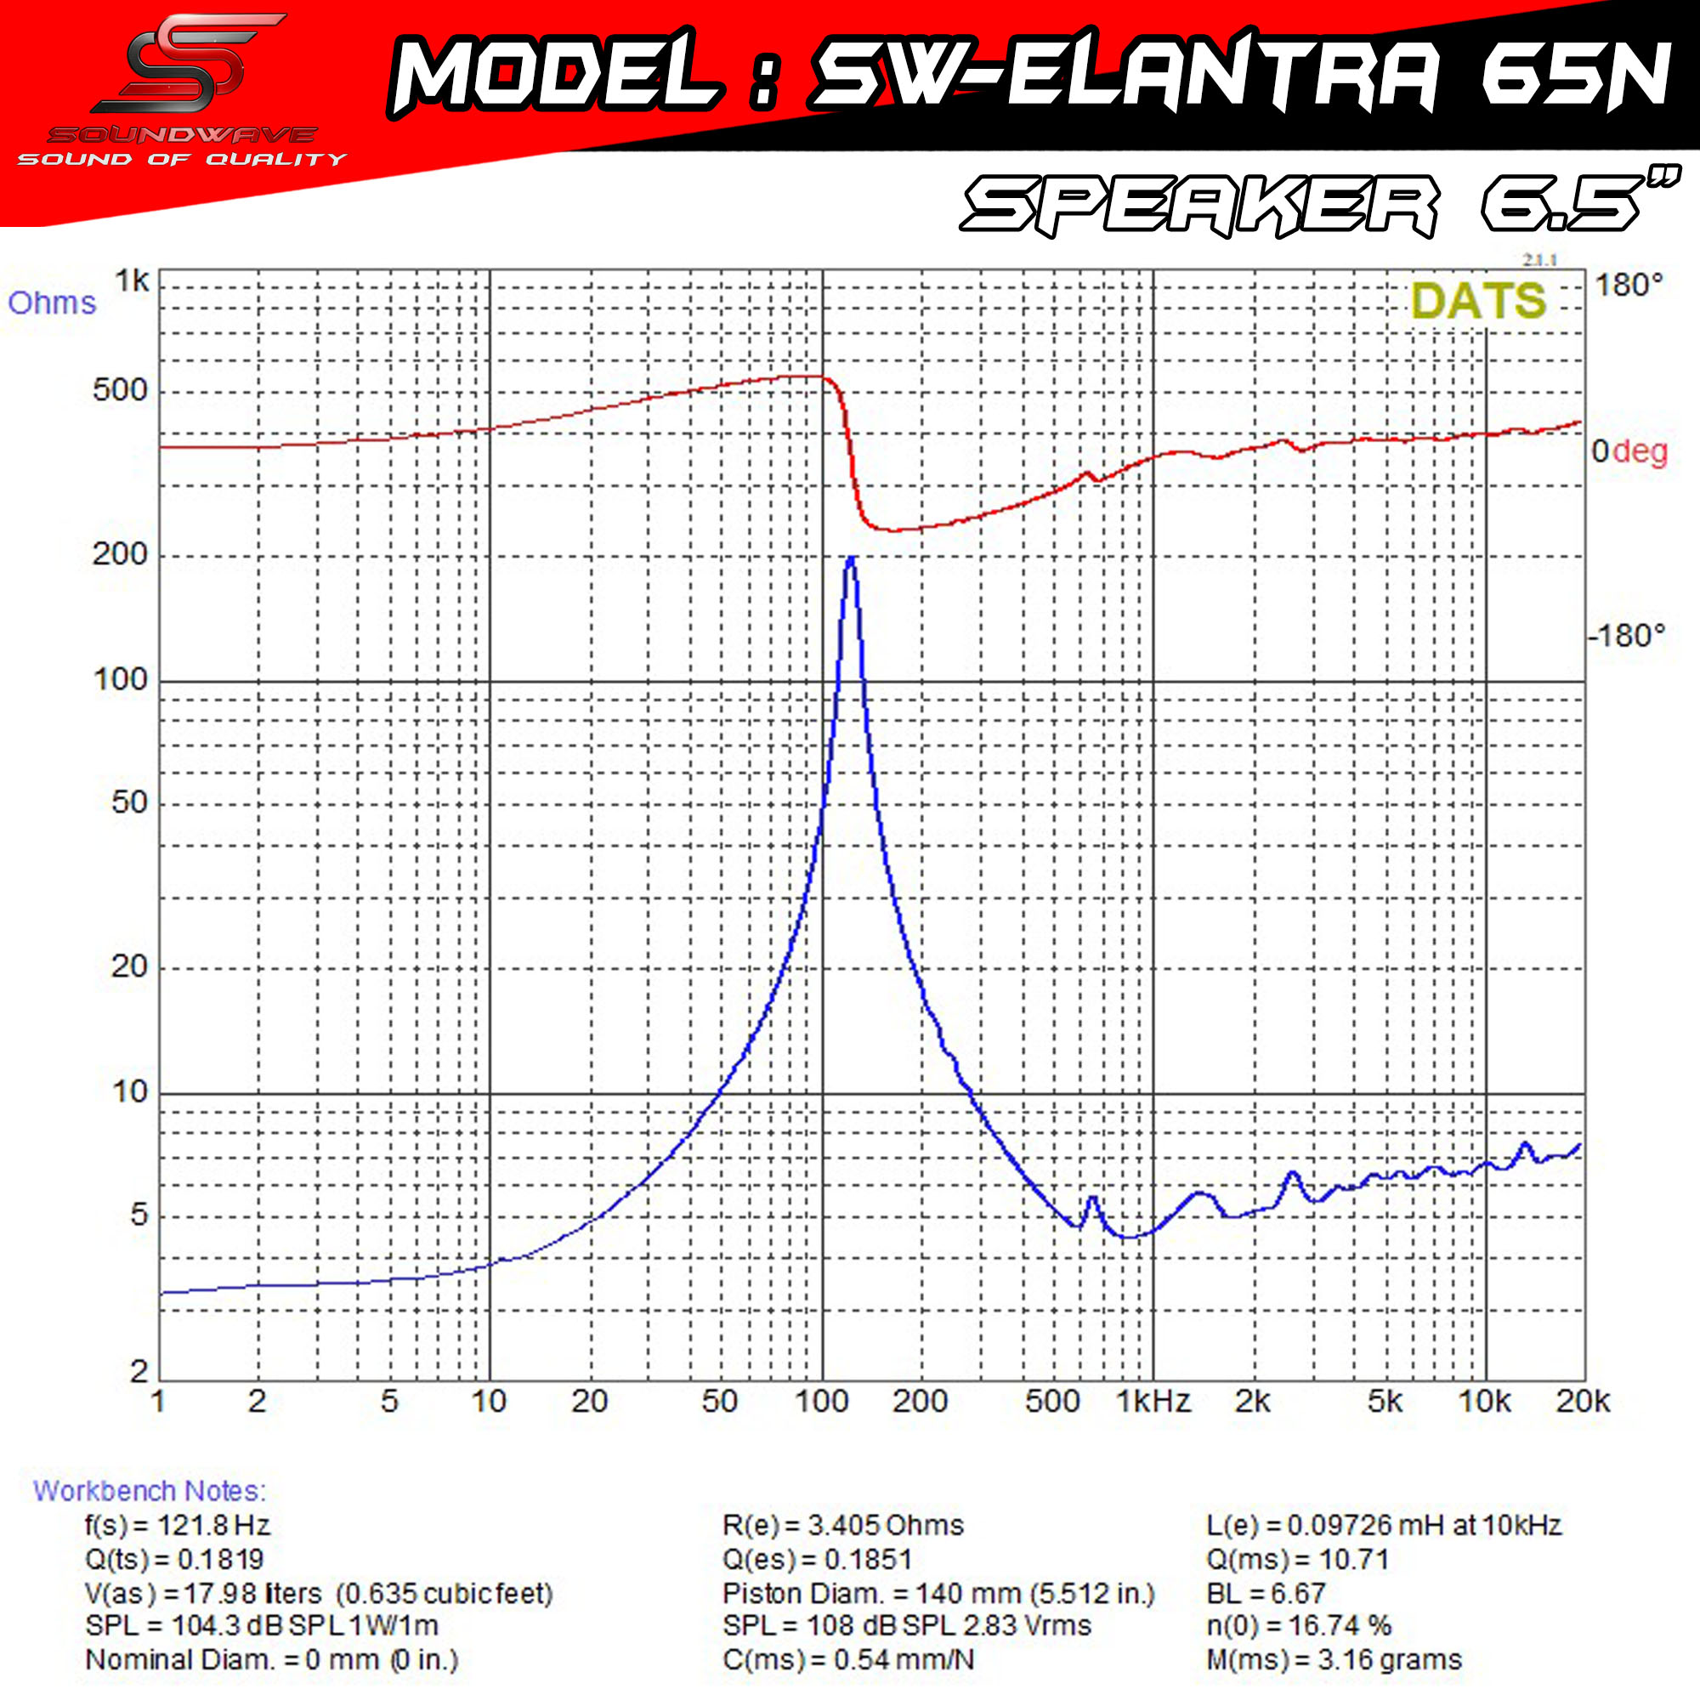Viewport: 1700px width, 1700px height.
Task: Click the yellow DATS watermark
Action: coord(1478,301)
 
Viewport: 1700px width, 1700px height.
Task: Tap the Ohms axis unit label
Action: coord(52,303)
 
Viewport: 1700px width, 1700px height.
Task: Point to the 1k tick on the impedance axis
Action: coord(132,281)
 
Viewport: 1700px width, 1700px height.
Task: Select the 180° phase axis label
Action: coord(1629,285)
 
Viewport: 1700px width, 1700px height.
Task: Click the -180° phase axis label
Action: coord(1626,635)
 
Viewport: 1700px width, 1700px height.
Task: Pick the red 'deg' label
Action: coord(1640,451)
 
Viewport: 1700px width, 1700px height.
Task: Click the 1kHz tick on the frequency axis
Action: coord(1153,1401)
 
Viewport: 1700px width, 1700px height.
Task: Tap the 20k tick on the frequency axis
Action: coord(1582,1401)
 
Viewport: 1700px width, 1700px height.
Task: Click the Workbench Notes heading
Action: coord(149,1491)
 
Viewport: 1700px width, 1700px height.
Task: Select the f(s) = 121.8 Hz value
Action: coord(178,1525)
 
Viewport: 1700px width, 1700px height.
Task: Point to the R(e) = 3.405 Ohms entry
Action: coord(843,1525)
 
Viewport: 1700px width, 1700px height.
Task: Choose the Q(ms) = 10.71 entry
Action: coord(1297,1559)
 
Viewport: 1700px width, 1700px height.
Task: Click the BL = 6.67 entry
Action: coord(1266,1594)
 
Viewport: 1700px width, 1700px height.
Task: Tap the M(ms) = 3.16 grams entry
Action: coord(1333,1660)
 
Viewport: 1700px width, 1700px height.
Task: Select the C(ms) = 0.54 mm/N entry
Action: coord(848,1660)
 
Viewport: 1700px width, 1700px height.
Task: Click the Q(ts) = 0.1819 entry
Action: coord(174,1559)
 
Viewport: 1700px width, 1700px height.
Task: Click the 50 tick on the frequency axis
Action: coord(719,1401)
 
